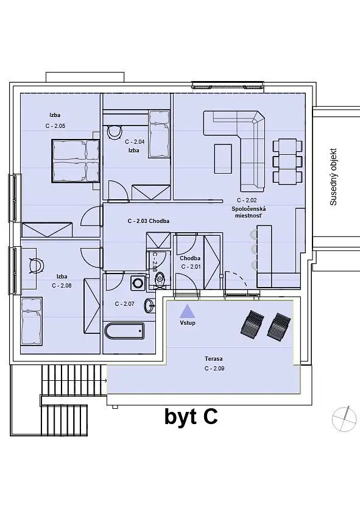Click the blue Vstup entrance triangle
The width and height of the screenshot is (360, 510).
point(188,311)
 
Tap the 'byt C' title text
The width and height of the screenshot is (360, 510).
point(191,417)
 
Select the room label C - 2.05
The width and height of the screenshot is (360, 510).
point(55,126)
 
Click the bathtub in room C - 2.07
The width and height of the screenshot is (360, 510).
point(124,331)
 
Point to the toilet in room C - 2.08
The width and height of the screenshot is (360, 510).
point(160,278)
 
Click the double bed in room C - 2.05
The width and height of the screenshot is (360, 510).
point(76,161)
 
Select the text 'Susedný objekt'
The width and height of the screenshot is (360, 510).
point(333,177)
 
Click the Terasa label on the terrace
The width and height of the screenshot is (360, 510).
point(214,359)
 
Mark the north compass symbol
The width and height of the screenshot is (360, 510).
point(344,419)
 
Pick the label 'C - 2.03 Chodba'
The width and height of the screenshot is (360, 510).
point(149,221)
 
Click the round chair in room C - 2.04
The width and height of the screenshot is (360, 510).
point(114,132)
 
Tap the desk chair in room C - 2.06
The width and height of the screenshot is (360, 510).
point(36,266)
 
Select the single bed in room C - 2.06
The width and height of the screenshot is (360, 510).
point(32,321)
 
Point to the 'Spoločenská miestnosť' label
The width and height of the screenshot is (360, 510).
point(249,212)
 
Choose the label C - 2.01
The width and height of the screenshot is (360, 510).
point(191,266)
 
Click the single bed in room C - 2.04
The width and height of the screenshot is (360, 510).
point(159,133)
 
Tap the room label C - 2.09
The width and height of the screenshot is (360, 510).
point(214,369)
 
